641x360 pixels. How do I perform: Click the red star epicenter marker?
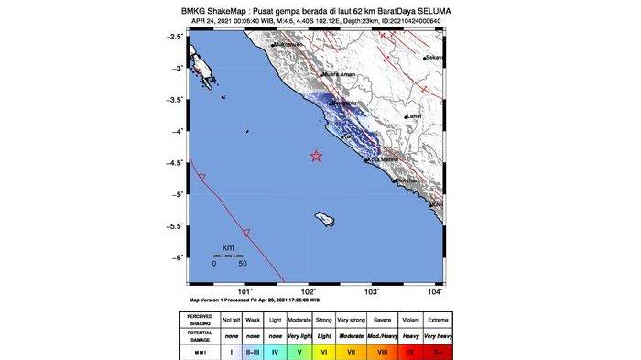coord(316,156)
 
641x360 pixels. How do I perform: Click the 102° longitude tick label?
coord(310,291)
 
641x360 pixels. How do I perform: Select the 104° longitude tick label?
coord(436,291)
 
